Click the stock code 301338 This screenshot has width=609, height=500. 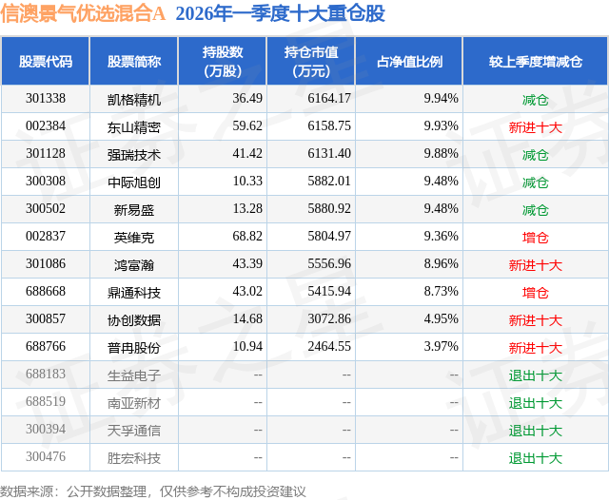pyautogui.click(x=46, y=99)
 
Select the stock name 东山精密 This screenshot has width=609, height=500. pyautogui.click(x=134, y=126)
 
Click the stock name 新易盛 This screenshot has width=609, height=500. pyautogui.click(x=134, y=209)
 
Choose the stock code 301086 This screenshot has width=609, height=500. pyautogui.click(x=46, y=264)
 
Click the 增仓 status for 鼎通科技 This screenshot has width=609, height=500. pyautogui.click(x=535, y=292)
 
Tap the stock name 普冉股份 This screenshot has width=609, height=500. pyautogui.click(x=134, y=347)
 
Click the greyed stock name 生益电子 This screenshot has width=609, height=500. pyautogui.click(x=134, y=375)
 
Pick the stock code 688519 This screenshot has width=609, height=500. pyautogui.click(x=46, y=402)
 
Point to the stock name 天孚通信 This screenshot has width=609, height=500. pyautogui.click(x=134, y=430)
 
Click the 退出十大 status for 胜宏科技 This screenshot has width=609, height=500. pyautogui.click(x=535, y=457)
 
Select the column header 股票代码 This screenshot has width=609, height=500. pyautogui.click(x=46, y=62)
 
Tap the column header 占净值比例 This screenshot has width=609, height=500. pyautogui.click(x=416, y=62)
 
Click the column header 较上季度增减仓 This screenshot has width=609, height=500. pyautogui.click(x=535, y=62)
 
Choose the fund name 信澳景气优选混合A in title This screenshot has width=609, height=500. pyautogui.click(x=84, y=14)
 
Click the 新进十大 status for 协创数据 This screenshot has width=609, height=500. pyautogui.click(x=535, y=319)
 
